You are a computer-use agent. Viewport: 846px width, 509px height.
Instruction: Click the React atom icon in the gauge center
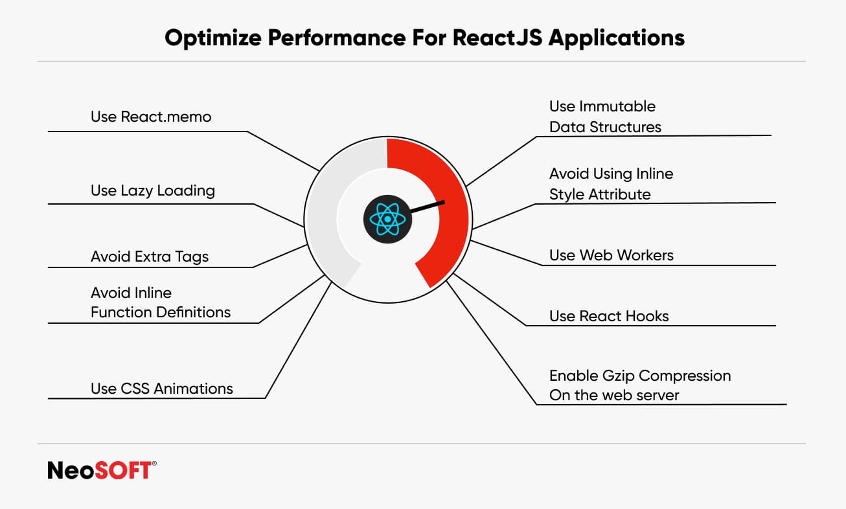coord(387,220)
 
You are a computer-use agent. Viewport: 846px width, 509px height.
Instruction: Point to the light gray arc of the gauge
coord(324,214)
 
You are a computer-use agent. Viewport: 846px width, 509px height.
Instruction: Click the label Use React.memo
coord(151,117)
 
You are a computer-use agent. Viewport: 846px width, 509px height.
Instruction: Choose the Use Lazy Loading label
coord(153,190)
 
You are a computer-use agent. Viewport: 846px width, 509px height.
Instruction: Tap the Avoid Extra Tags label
coord(150,257)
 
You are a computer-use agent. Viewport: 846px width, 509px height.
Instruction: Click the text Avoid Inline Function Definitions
coord(161,302)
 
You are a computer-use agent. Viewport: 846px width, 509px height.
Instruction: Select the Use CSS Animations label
coord(162,389)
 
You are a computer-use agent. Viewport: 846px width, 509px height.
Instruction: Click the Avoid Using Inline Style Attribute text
coord(611,184)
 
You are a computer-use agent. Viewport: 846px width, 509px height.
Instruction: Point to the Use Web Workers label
coord(611,255)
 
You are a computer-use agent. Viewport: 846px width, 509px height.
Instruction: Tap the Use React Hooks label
coord(609,316)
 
